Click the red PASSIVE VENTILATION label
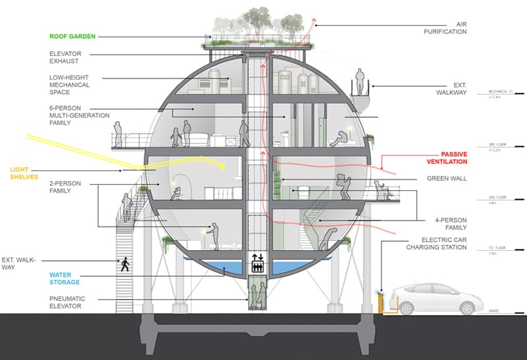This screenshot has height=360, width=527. (445, 157)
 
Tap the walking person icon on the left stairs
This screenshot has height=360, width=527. (125, 264)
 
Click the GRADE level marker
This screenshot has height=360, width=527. (494, 310)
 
